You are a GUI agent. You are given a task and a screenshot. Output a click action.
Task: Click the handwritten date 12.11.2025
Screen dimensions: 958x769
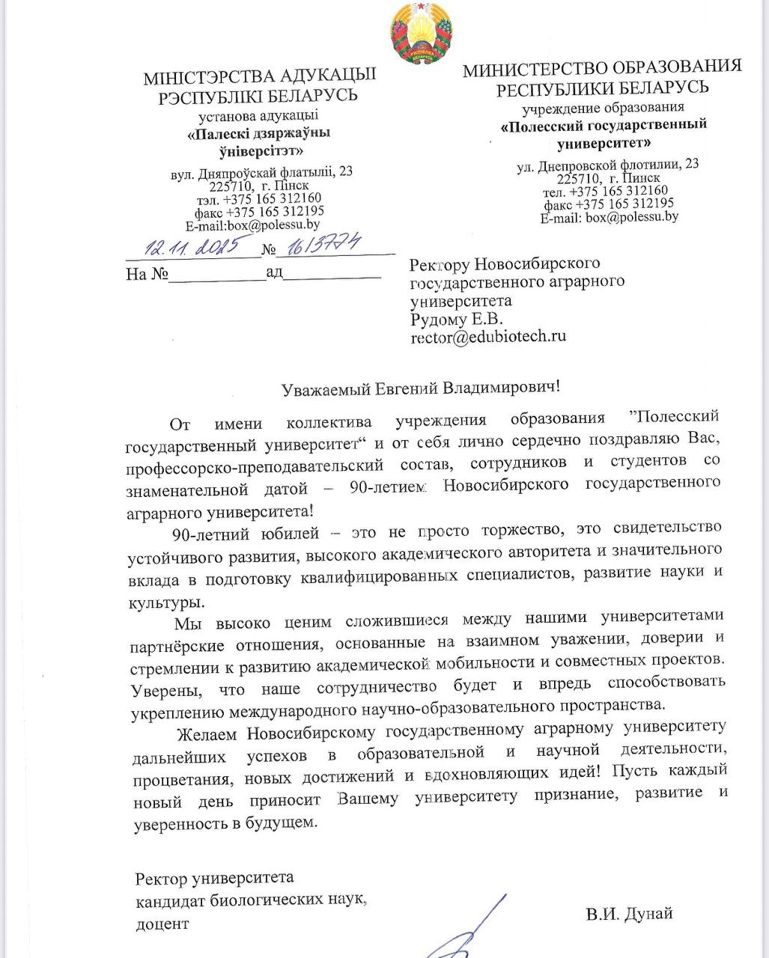tap(191, 245)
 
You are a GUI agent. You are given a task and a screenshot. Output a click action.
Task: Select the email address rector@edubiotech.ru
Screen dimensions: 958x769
tap(488, 337)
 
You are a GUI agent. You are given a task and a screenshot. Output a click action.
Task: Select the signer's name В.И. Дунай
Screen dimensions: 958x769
tap(629, 914)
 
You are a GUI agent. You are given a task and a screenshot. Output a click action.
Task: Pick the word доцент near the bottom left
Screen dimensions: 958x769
tap(162, 924)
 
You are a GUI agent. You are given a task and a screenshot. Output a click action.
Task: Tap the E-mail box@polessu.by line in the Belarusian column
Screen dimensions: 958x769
tap(253, 225)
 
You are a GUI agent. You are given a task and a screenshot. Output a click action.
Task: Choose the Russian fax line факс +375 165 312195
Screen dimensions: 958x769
tap(608, 204)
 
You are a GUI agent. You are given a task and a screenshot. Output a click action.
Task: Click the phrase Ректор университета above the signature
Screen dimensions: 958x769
tap(214, 878)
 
